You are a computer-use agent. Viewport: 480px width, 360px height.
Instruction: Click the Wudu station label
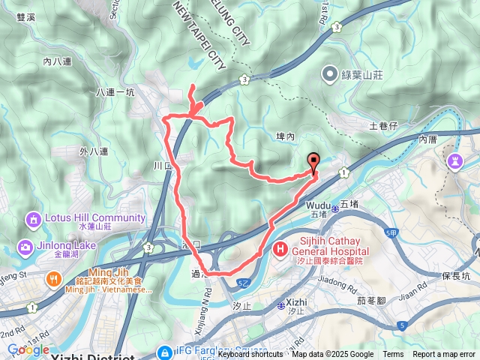click(x=318, y=203)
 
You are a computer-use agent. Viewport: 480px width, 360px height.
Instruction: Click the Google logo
click(x=28, y=349)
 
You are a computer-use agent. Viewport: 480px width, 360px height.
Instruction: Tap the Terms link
click(x=393, y=355)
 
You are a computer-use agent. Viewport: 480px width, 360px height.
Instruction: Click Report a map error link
click(x=445, y=355)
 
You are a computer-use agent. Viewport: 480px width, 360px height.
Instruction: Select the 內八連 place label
click(x=57, y=61)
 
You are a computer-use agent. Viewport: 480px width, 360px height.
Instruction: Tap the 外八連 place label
click(x=93, y=151)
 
